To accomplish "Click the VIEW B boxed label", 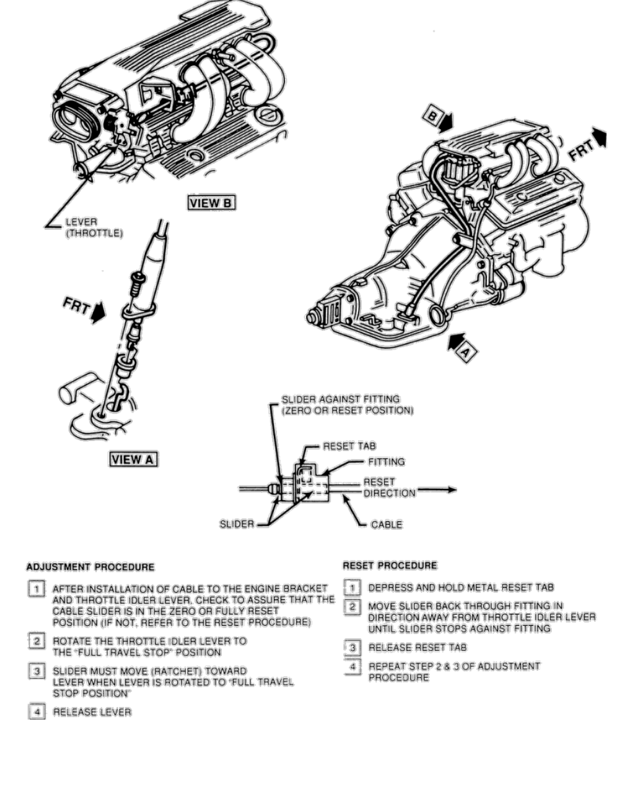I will click(210, 202).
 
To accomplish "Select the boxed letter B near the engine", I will click(434, 116).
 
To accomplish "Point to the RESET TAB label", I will click(350, 446).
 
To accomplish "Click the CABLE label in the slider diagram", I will click(386, 524).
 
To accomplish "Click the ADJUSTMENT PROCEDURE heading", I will click(91, 566).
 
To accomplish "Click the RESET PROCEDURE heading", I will click(390, 565).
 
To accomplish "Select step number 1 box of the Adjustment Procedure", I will click(35, 589).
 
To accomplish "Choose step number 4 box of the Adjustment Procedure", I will click(35, 712).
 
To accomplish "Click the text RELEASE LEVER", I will click(91, 712).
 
